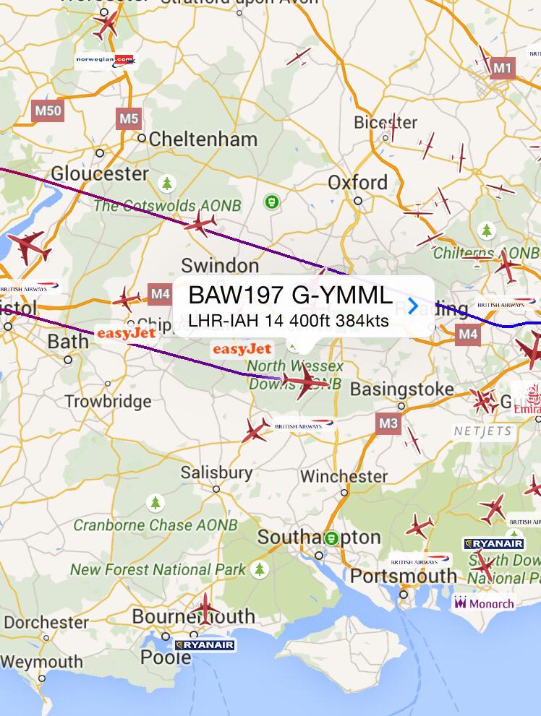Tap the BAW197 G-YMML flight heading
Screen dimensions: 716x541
click(x=290, y=296)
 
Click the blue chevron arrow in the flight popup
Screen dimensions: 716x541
click(x=413, y=306)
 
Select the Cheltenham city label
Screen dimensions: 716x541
click(x=203, y=139)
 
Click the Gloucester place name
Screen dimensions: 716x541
click(x=99, y=174)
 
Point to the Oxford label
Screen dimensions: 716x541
click(x=357, y=182)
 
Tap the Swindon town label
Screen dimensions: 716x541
click(x=219, y=265)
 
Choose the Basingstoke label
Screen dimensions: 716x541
click(x=402, y=389)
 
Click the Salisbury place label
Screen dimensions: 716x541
click(x=216, y=473)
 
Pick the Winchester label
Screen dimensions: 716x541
click(x=344, y=476)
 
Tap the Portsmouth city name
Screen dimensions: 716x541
click(x=404, y=577)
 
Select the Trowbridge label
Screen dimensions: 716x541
click(x=108, y=401)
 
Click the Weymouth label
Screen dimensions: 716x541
click(x=41, y=662)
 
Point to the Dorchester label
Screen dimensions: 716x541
click(x=46, y=622)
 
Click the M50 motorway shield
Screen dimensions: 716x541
click(x=48, y=111)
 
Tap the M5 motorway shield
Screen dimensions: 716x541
click(x=128, y=118)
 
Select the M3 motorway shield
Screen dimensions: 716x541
click(x=388, y=423)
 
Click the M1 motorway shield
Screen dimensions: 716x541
click(x=502, y=69)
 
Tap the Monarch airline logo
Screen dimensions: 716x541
click(x=484, y=603)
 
